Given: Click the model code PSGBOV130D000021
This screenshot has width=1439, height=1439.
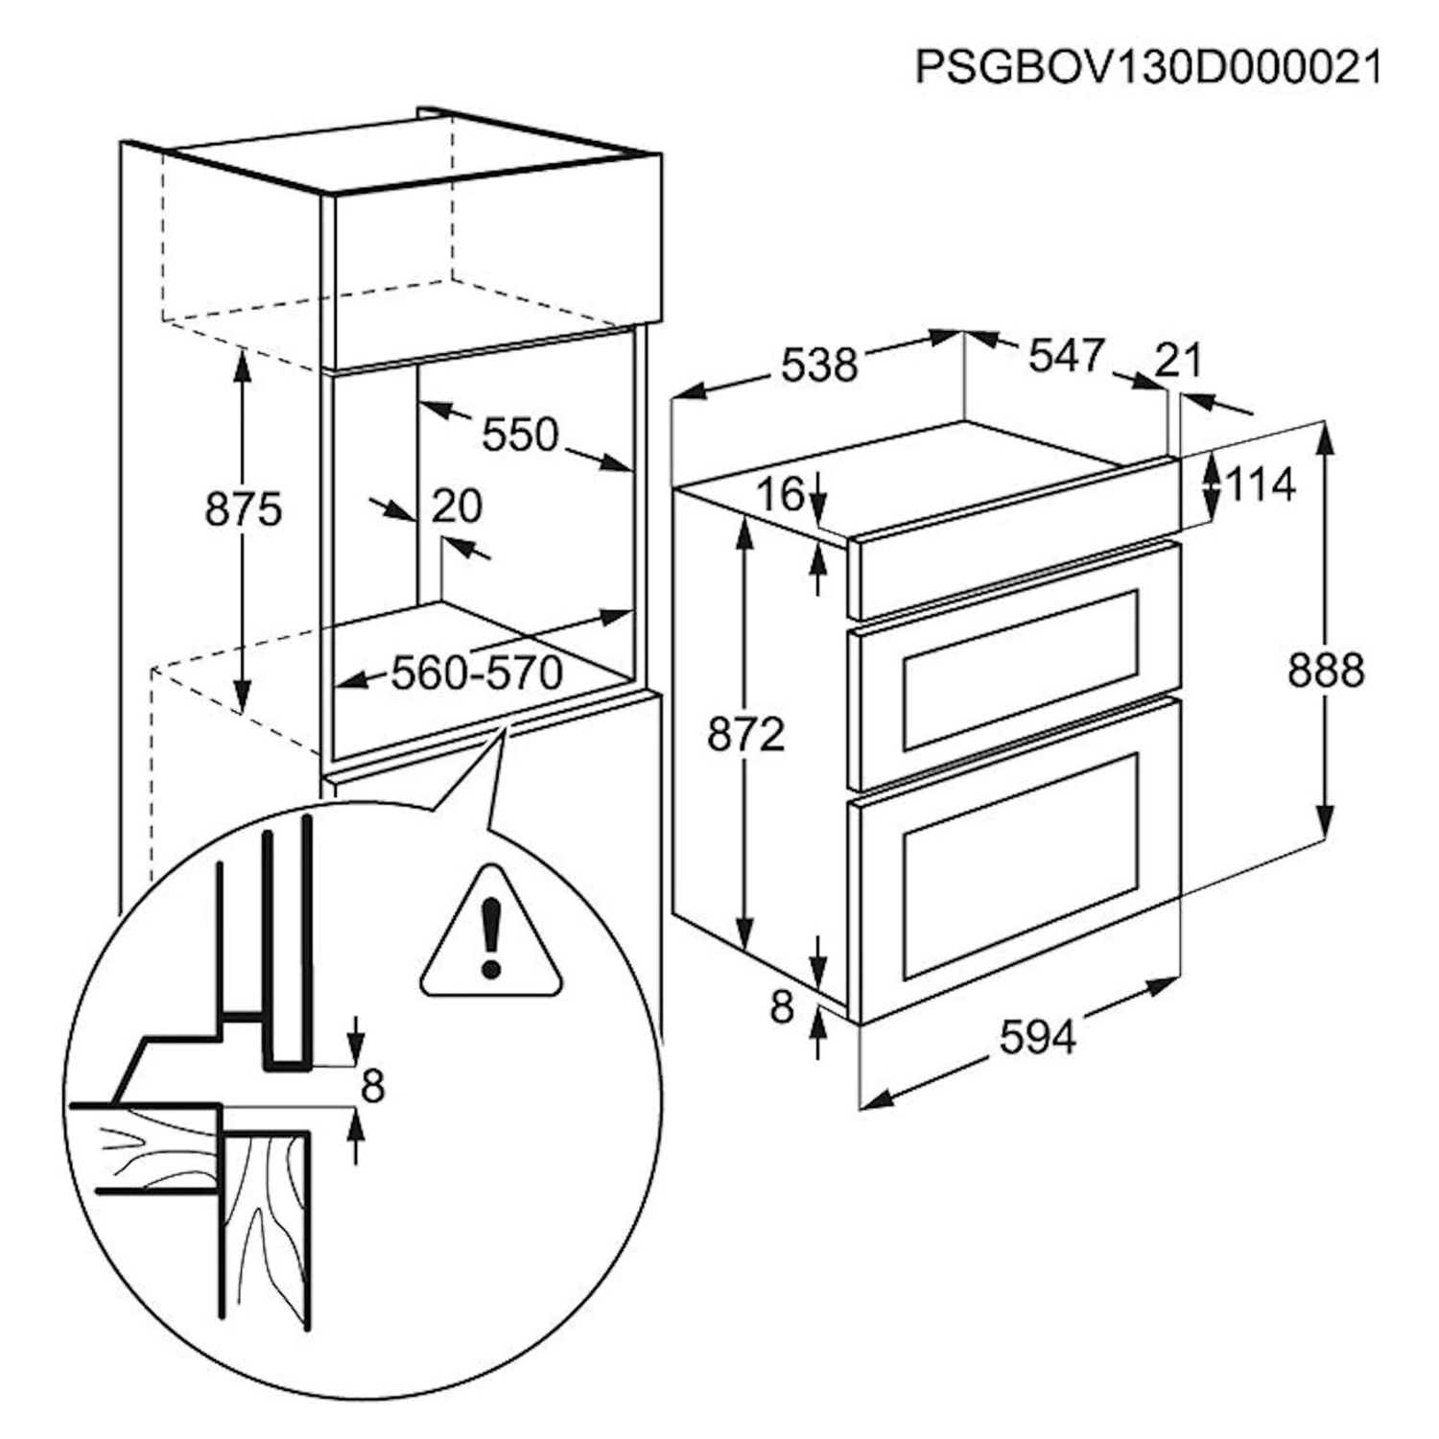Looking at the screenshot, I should coord(1148,66).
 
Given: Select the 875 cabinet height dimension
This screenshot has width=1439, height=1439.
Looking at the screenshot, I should coord(244,509).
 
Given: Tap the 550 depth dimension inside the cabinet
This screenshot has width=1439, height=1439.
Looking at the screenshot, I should coord(519,435).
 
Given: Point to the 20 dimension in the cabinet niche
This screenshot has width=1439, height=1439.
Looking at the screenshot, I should coord(456,506).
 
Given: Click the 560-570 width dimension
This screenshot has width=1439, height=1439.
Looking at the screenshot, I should coord(476,672).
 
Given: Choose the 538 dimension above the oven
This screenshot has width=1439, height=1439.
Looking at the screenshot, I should coord(818,366).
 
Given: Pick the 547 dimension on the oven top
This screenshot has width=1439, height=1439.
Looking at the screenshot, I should coord(1065,356).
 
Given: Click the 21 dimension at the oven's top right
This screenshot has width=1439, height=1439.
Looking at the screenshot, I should coord(1178,361).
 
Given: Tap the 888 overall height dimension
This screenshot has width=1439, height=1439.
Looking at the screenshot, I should coord(1325,670).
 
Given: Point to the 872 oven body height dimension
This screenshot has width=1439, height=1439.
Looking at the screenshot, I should coord(745,735).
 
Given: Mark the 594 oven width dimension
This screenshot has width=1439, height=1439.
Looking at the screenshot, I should coord(1038,1037).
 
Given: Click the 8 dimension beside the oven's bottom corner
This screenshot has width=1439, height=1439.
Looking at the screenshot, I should coord(783,1007).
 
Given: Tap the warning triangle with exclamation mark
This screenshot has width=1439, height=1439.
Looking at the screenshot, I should coord(491,933).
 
